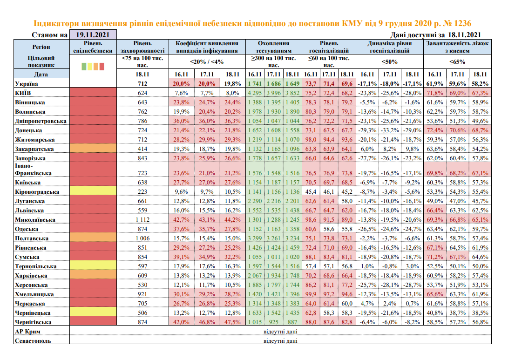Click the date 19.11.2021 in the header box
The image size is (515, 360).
[93, 35]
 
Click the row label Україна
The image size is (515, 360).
[27, 84]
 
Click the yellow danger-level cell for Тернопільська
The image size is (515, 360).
[93, 266]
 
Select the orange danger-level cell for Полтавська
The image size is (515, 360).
[93, 238]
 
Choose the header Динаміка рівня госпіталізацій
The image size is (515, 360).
[389, 47]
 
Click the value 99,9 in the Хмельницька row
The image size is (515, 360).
[310, 294]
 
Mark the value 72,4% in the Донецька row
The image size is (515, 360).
[434, 130]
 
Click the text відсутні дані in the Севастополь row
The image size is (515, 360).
[280, 341]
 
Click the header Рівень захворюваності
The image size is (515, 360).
[142, 47]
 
